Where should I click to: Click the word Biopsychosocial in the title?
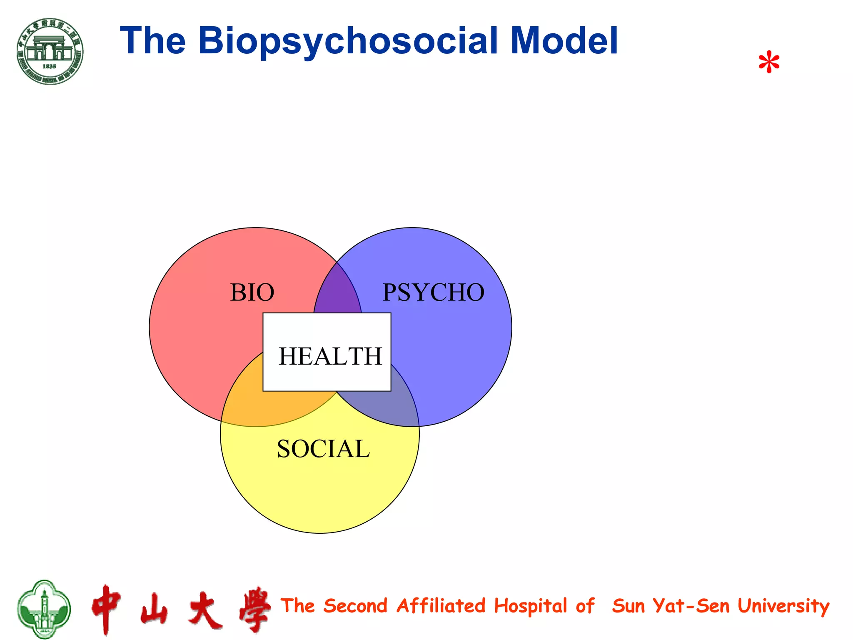coord(348,41)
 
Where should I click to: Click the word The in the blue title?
coord(152,41)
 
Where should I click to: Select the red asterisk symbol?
coord(768,63)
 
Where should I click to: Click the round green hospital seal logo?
coord(50,51)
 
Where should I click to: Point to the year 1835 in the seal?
coord(49,66)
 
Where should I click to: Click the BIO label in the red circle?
coord(252,292)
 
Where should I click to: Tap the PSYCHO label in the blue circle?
coord(433,292)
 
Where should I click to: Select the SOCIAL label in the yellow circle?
coord(323,449)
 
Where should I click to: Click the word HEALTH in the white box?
coord(330,357)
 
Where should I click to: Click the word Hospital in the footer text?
coord(531,606)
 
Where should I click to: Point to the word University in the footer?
coord(783,606)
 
